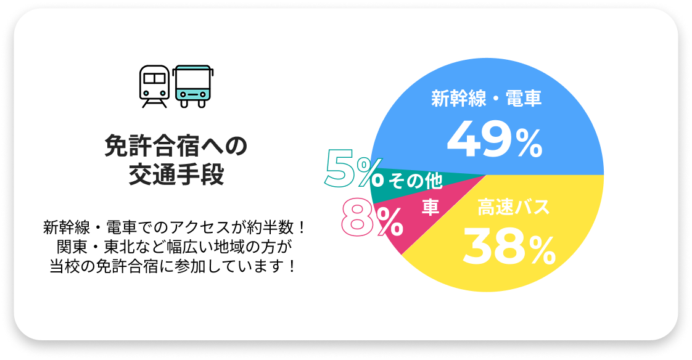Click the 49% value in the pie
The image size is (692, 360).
pos(494,141)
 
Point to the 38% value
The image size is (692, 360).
pos(509,246)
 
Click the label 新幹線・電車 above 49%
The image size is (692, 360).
pos(486,99)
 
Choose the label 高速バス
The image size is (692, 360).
pos(513,208)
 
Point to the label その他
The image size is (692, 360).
pos(415,181)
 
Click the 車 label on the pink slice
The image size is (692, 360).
pos(430,207)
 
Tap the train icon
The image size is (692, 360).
pos(154,86)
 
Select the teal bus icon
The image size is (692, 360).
pos(192,86)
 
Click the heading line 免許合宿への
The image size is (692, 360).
pos(176,147)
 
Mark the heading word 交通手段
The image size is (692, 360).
pos(176,175)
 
